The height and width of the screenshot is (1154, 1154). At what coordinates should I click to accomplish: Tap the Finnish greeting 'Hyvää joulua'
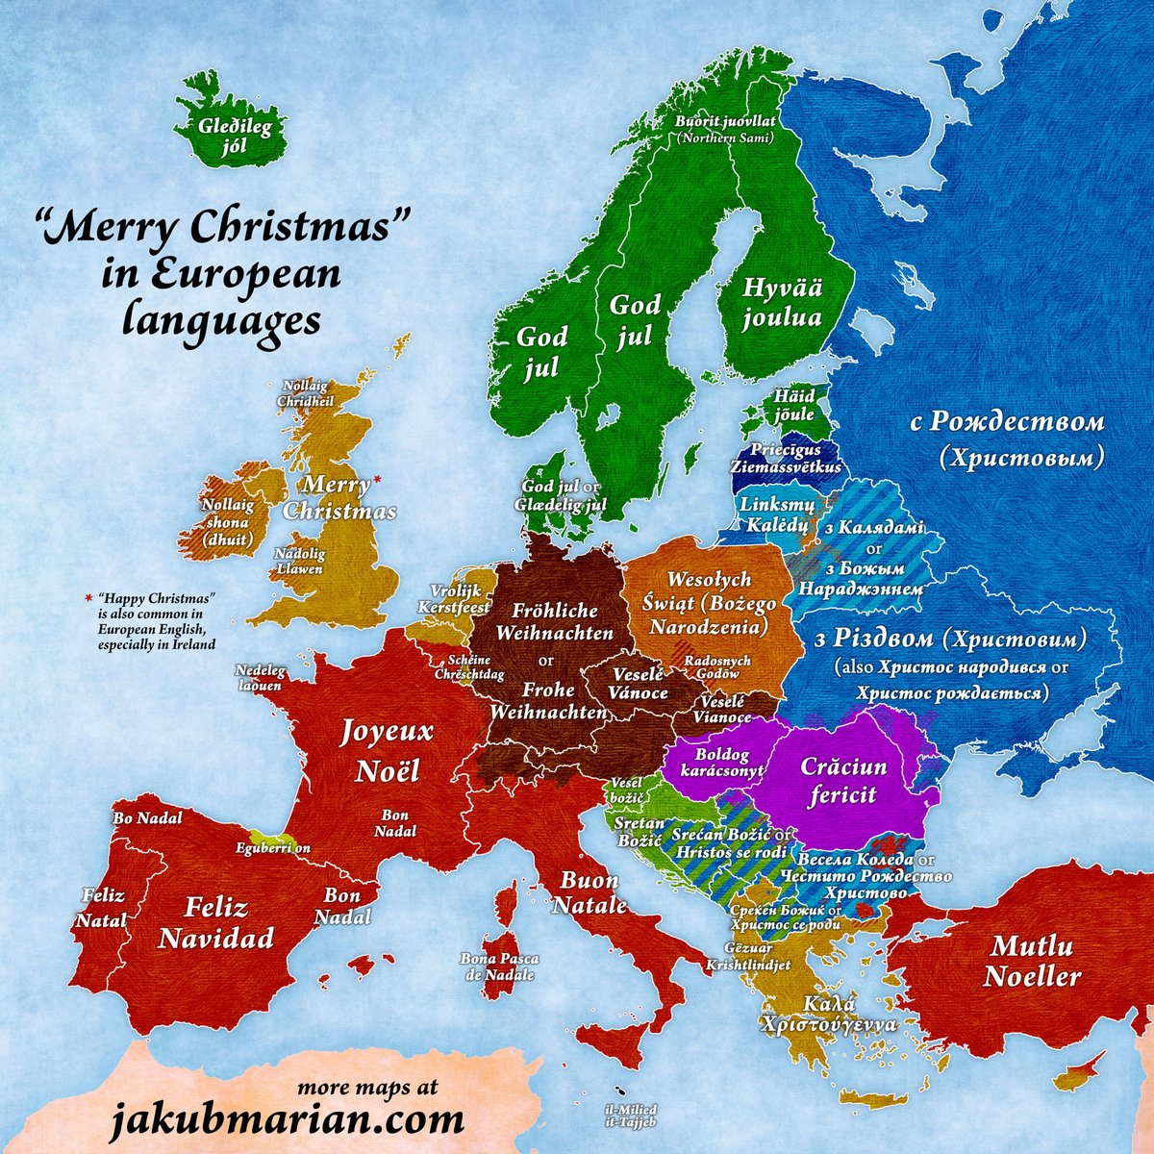(782, 302)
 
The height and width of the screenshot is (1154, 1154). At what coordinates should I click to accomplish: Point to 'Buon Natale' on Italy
(589, 892)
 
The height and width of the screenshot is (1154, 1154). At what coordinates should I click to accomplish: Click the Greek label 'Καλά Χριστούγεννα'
(826, 1015)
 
